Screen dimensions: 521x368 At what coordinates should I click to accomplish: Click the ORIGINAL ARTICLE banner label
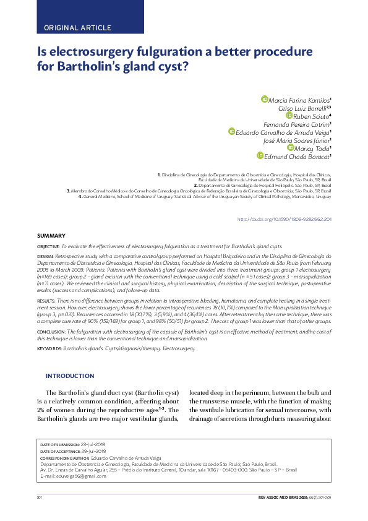tap(78, 28)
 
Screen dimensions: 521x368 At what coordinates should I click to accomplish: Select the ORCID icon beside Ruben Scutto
tap(288, 115)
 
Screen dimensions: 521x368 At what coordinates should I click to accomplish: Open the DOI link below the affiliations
tap(285, 220)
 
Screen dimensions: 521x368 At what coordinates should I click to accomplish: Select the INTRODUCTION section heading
tap(70, 376)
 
